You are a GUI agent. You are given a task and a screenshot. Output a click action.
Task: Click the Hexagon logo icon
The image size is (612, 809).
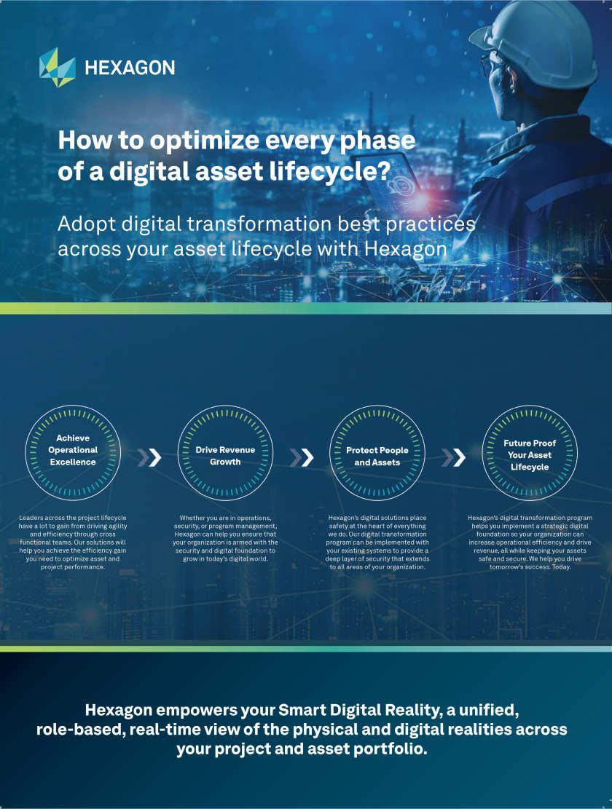coord(58,68)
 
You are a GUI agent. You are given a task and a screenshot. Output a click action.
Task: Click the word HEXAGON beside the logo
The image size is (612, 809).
coord(130,68)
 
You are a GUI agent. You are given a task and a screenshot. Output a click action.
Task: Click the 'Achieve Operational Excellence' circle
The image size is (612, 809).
coord(73,452)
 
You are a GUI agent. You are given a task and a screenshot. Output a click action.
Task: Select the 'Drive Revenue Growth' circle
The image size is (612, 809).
coord(225,452)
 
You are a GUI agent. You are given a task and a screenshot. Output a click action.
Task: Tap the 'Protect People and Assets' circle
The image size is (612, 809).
coord(377,452)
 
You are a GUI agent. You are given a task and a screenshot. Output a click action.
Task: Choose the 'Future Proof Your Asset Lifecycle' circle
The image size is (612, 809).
coord(530,452)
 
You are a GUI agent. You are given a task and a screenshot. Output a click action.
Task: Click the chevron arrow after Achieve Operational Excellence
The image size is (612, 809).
coord(149,457)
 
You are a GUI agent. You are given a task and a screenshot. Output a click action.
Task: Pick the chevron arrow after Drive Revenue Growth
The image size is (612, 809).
coord(302,457)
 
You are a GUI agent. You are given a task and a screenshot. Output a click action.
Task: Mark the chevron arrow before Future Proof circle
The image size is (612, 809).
coord(454,457)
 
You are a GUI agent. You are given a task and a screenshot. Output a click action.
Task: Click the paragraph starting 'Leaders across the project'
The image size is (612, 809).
coord(73,542)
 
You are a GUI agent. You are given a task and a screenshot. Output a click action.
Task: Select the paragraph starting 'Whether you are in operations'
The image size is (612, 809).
coord(225,538)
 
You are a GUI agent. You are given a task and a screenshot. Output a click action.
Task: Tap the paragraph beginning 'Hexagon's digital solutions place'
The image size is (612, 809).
coord(377,542)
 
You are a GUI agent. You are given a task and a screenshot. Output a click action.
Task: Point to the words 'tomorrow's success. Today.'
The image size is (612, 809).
coord(530,567)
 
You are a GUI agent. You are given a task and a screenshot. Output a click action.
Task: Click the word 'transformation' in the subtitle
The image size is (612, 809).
coord(259,224)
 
